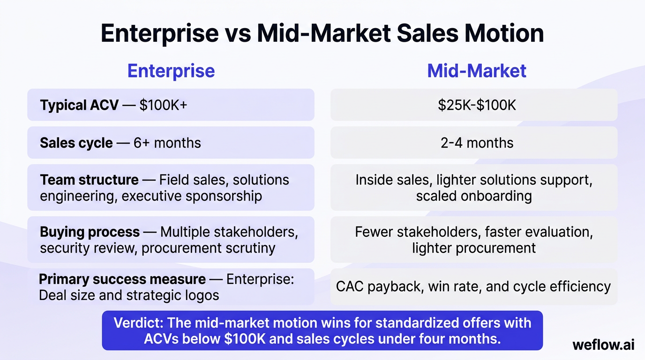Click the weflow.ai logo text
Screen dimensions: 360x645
click(603, 345)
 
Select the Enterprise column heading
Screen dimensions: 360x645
click(171, 71)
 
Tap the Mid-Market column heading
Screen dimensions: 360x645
click(477, 71)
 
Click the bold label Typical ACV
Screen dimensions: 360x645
click(79, 105)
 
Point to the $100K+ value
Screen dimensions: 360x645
click(163, 105)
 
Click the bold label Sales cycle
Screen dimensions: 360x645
click(76, 142)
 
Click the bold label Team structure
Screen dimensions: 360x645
click(89, 180)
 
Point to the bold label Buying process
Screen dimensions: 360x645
click(90, 232)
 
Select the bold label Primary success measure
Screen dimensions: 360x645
click(122, 279)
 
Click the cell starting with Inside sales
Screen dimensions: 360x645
click(474, 187)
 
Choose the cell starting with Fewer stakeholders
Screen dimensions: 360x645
click(474, 240)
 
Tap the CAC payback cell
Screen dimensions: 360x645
click(473, 286)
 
